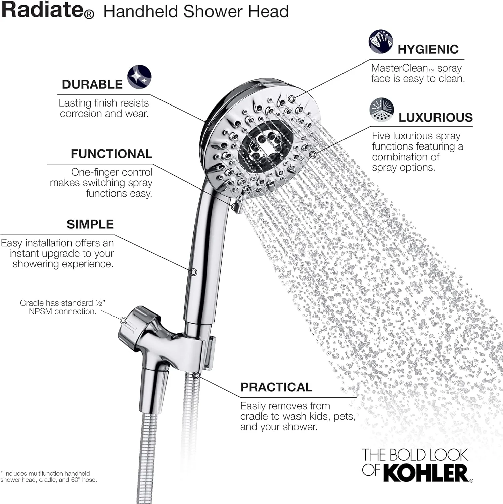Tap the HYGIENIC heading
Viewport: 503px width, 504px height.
tap(428, 49)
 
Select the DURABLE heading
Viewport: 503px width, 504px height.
tap(92, 84)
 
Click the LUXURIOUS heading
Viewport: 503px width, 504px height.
tap(436, 117)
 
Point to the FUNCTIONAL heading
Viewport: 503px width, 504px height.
tap(111, 154)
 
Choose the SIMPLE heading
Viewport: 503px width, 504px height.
tap(90, 224)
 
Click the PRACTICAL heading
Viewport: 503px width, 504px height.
tap(276, 387)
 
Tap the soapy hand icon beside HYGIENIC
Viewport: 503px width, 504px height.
tap(381, 41)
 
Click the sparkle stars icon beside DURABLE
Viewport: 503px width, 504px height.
tap(139, 77)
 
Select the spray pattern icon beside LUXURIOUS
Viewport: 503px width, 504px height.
tap(381, 110)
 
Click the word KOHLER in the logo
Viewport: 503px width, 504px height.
tap(425, 473)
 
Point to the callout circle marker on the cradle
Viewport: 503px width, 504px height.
tap(124, 321)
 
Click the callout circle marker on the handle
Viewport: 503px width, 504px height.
tap(194, 272)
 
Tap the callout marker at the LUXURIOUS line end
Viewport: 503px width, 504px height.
tap(313, 155)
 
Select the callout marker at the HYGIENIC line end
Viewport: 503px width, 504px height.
tap(292, 99)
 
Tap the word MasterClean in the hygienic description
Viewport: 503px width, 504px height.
tap(399, 68)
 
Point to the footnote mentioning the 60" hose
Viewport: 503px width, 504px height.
tap(49, 477)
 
